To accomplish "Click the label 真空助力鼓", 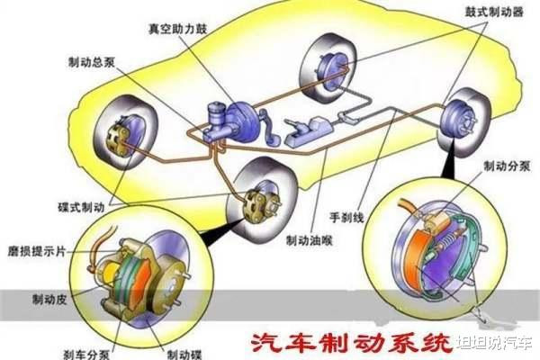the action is click(x=177, y=29).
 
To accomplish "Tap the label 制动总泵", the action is click(x=91, y=62).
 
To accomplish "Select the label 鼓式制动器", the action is click(x=494, y=12).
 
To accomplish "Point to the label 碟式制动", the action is click(x=81, y=207).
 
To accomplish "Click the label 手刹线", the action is click(x=346, y=217).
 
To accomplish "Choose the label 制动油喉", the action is click(x=310, y=240).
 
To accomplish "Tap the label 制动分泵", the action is click(x=507, y=166).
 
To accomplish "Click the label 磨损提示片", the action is click(x=37, y=251).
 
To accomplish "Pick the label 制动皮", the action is click(x=49, y=299).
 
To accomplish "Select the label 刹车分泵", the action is click(x=86, y=355).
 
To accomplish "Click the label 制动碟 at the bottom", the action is click(x=184, y=355).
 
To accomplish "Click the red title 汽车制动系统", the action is click(x=351, y=343).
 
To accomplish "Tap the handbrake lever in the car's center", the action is click(x=308, y=131).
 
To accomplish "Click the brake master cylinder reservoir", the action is click(x=216, y=114).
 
